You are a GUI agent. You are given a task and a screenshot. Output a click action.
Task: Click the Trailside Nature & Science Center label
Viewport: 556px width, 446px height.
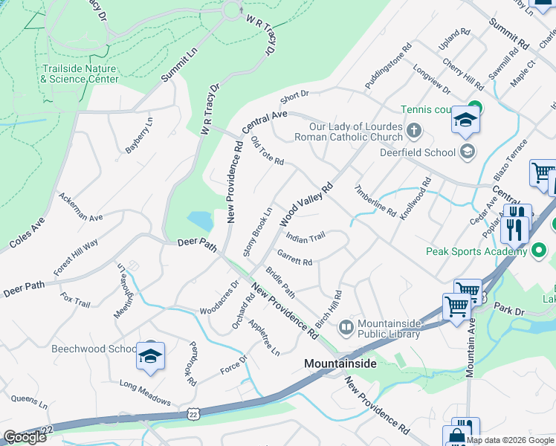pyautogui.click(x=80, y=73)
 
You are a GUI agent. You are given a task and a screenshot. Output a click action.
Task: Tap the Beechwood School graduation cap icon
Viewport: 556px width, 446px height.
pyautogui.click(x=150, y=357)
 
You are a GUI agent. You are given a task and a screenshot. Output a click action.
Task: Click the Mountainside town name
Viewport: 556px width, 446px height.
pyautogui.click(x=340, y=363)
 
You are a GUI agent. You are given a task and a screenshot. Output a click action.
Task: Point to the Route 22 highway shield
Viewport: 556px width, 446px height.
pyautogui.click(x=195, y=412)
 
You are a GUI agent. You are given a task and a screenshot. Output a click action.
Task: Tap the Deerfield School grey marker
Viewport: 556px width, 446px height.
pyautogui.click(x=468, y=152)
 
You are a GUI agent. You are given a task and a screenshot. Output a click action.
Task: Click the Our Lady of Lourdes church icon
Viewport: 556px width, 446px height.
pyautogui.click(x=414, y=132)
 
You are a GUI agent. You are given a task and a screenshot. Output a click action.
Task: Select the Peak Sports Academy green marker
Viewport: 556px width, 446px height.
pyautogui.click(x=540, y=251)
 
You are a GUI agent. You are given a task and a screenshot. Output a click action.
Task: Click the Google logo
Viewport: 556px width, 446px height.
pyautogui.click(x=25, y=437)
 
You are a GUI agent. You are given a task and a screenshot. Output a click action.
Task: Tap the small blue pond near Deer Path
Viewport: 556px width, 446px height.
pyautogui.click(x=200, y=220)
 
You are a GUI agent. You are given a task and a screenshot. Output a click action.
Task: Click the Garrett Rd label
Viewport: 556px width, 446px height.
pyautogui.click(x=295, y=261)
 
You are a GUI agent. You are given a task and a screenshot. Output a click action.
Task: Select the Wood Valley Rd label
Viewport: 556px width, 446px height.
pyautogui.click(x=306, y=205)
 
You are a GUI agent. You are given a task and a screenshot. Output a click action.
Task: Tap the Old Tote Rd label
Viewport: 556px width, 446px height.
pyautogui.click(x=268, y=151)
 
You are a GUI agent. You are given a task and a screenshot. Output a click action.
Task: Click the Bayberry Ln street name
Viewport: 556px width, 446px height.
pyautogui.click(x=139, y=135)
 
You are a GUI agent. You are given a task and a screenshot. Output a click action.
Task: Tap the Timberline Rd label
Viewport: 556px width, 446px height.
pyautogui.click(x=375, y=200)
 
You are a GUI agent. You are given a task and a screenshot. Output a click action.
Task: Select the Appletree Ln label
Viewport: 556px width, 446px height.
pyautogui.click(x=264, y=337)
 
